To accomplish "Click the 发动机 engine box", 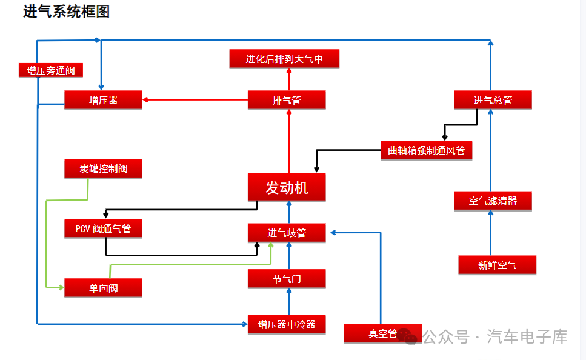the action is (x=287, y=187).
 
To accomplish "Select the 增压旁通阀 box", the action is (x=51, y=70).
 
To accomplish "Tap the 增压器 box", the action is (x=103, y=100).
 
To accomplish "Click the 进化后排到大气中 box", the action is (x=284, y=59).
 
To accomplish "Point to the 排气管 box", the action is (x=287, y=100).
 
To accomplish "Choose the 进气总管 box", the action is (x=493, y=100).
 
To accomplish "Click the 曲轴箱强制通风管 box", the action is (x=427, y=150).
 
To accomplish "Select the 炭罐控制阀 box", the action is (x=103, y=168).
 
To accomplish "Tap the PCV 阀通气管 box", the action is (x=103, y=228).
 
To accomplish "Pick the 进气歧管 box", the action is (x=287, y=233).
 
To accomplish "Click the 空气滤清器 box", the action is (x=493, y=201).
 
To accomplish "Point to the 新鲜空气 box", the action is (x=498, y=265).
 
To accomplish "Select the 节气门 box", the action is (x=287, y=279).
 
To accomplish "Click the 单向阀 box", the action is (x=103, y=288).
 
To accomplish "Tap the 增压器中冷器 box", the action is (x=287, y=324).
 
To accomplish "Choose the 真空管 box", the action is (x=383, y=333).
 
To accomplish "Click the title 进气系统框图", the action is (x=66, y=12).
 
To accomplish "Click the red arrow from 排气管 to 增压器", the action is (x=195, y=100).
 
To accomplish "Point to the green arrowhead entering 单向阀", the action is (x=61, y=287).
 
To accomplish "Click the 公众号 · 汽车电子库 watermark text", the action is (x=495, y=336).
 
